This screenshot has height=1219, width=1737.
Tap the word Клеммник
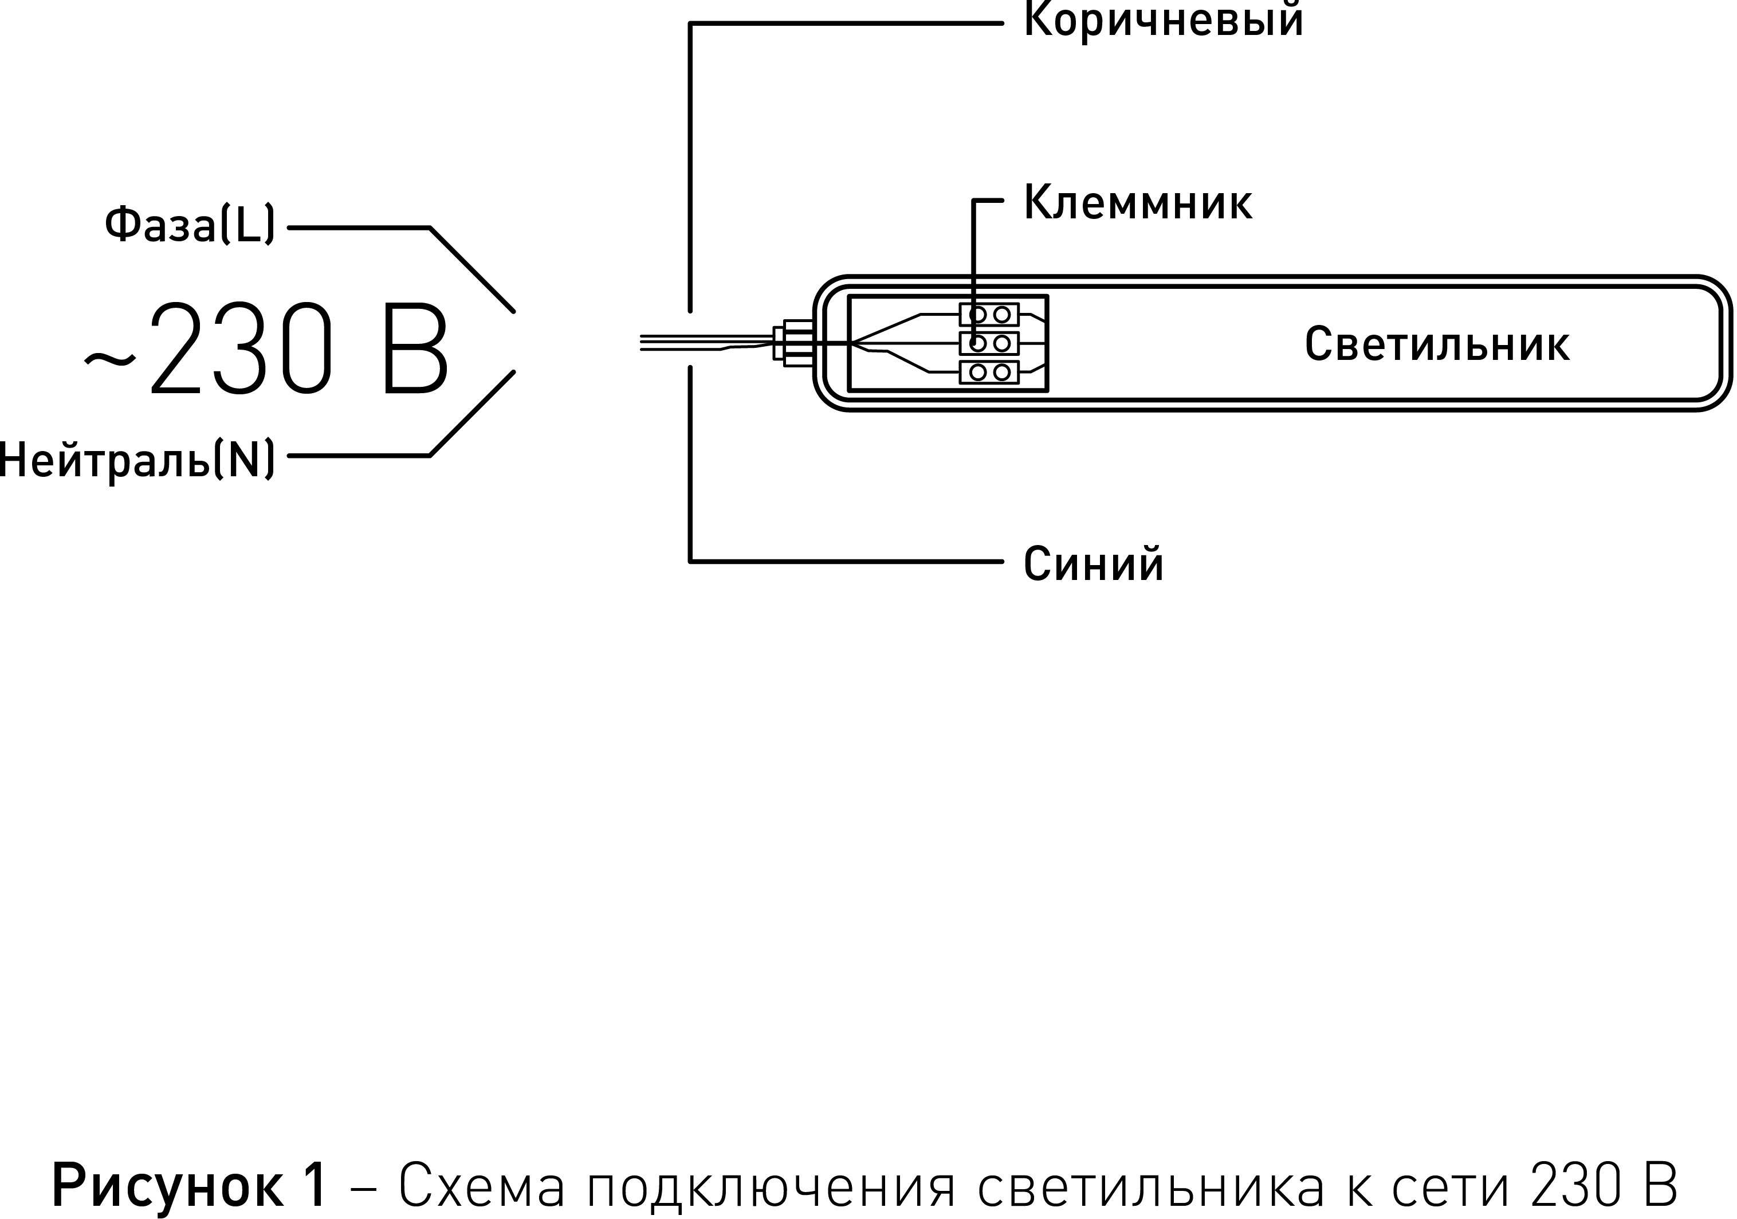1137,203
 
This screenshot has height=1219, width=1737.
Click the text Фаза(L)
190,225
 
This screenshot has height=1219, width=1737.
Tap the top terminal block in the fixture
989,314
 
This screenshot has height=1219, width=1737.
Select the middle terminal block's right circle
1001,343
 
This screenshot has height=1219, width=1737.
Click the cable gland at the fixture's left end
791,343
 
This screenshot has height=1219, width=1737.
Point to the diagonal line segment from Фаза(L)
472,269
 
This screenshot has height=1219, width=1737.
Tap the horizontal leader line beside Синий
846,562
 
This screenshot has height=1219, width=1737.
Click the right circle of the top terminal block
1001,314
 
